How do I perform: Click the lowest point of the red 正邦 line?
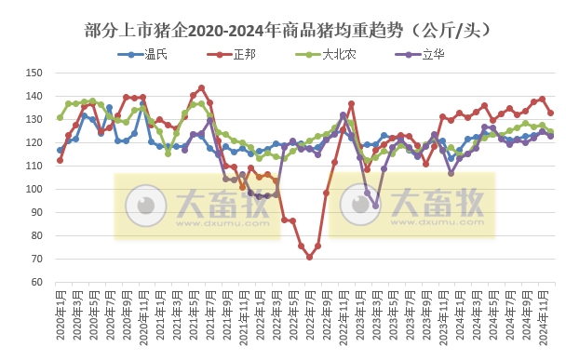(x=309, y=257)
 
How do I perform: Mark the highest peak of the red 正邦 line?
(x=201, y=88)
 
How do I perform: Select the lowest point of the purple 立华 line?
(x=376, y=206)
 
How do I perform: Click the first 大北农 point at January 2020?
(x=60, y=117)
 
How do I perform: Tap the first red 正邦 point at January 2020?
(x=60, y=160)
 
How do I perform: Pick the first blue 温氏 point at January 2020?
(x=60, y=150)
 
